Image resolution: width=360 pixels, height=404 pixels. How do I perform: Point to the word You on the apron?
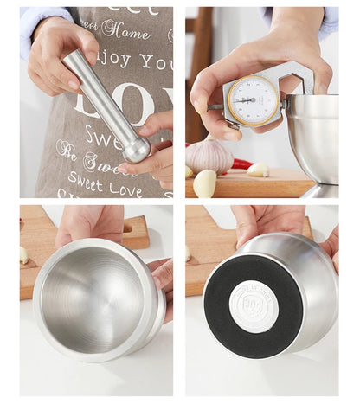(157, 61)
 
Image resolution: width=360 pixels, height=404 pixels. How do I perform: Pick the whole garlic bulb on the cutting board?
(208, 157)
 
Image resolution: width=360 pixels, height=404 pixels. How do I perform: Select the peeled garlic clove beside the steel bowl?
(258, 170)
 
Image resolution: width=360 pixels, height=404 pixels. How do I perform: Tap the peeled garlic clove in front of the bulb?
(204, 183)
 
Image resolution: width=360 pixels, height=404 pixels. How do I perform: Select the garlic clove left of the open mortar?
(24, 255)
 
